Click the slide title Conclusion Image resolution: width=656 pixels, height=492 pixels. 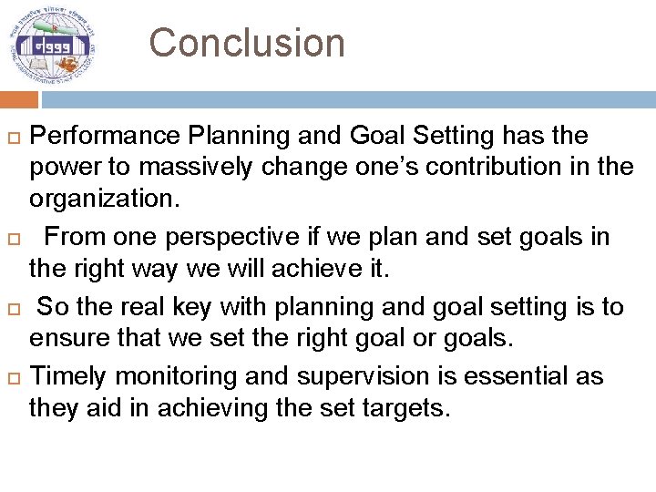tap(247, 43)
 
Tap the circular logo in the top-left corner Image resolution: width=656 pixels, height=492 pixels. tap(52, 43)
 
